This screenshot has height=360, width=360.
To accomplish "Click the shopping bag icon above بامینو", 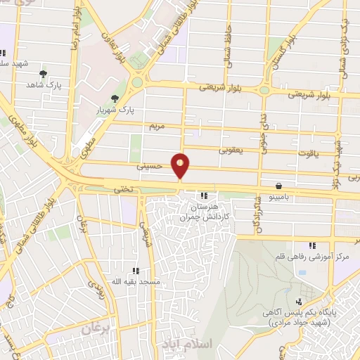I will click(x=280, y=186).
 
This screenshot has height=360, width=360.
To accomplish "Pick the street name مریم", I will click(x=156, y=127).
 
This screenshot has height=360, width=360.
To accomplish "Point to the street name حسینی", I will click(x=149, y=167).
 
